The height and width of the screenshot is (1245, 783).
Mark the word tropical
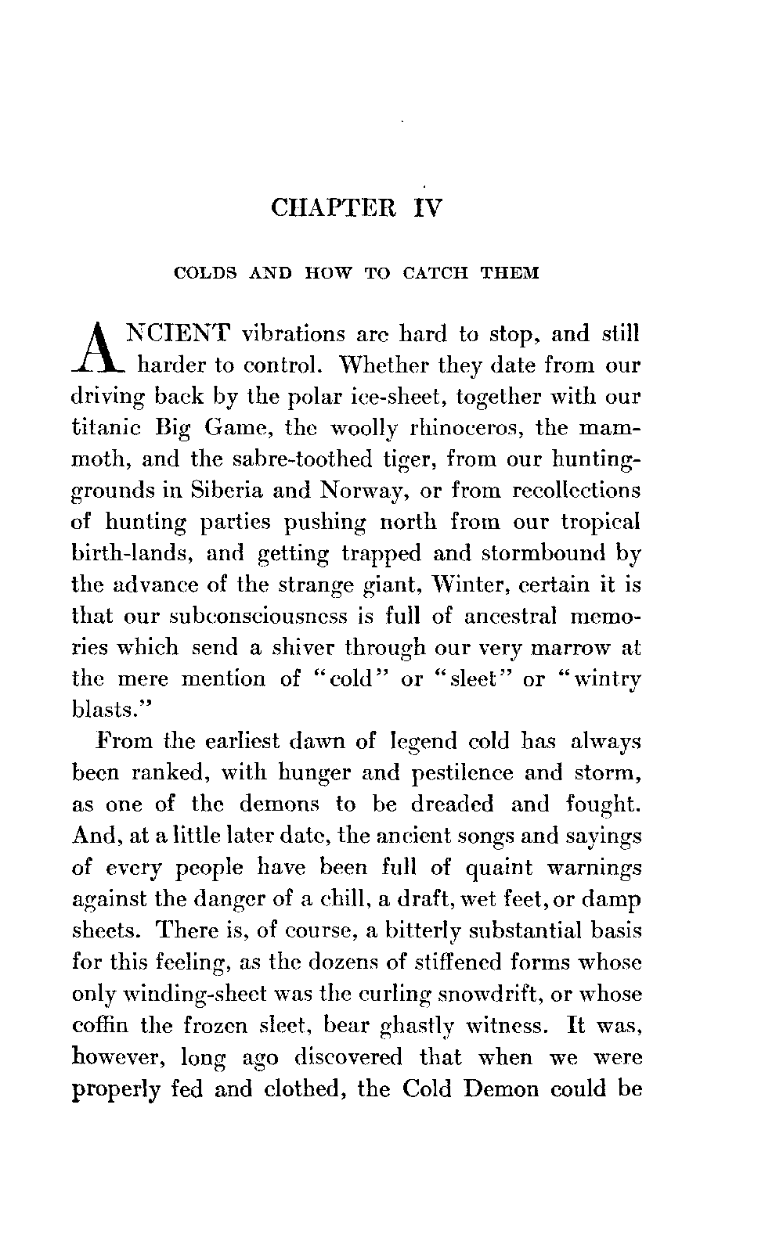pos(601,523)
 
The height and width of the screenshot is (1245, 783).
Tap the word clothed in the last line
pos(300,1089)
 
